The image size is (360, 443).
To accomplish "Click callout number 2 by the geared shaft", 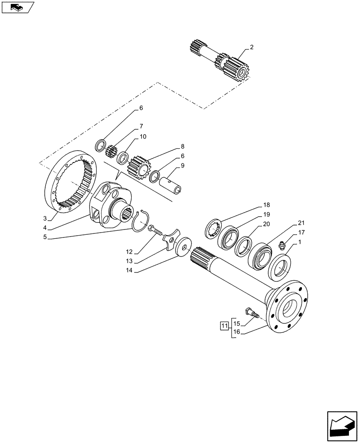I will click(x=251, y=47).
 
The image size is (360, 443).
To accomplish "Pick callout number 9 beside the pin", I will click(x=182, y=166).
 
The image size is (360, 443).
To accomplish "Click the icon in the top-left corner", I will click(x=17, y=7).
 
